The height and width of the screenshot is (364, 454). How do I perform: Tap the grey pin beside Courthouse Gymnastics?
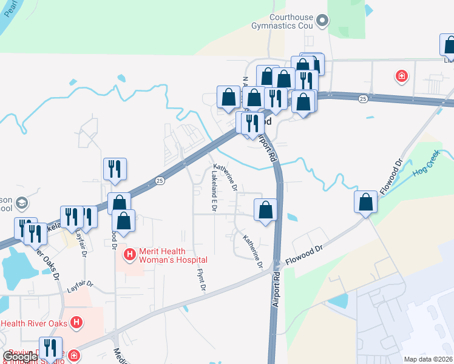tap(323, 21)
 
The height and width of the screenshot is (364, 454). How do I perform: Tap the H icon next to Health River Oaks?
tap(76, 322)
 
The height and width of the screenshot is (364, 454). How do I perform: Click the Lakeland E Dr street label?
tap(214, 190)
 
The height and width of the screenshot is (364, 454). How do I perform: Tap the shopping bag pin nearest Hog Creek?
tap(366, 202)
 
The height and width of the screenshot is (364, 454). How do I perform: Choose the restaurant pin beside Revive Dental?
tap(50, 348)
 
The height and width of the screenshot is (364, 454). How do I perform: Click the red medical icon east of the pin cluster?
tap(401, 76)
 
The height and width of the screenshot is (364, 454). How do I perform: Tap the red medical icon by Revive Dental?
tap(73, 355)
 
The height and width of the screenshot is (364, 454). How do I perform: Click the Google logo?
tap(20, 357)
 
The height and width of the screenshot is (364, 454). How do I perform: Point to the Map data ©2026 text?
tap(428, 359)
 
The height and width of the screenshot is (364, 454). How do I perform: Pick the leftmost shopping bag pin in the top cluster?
tap(228, 98)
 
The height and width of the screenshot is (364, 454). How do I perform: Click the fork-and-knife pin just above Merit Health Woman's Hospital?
tap(115, 170)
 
